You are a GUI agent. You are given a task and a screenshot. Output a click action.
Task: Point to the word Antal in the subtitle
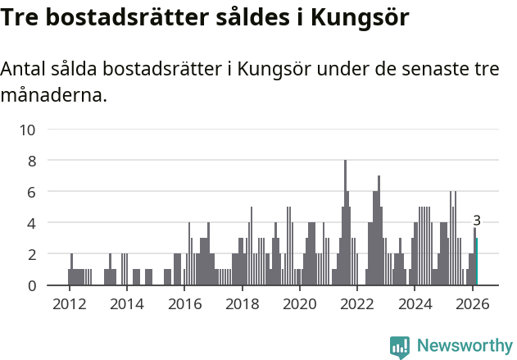[25, 69]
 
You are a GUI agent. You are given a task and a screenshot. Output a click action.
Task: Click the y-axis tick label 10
[27, 130]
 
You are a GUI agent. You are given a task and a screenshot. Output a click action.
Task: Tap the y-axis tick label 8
[31, 161]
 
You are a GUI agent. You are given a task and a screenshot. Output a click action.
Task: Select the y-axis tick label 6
[31, 192]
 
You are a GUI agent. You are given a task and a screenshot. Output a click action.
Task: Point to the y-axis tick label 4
[31, 223]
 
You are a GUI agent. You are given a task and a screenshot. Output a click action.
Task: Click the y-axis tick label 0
[31, 285]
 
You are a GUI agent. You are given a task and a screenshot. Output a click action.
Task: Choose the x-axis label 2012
[69, 303]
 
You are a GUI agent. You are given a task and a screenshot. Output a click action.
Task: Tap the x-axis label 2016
[184, 303]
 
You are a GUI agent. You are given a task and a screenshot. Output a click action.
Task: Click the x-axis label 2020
[299, 303]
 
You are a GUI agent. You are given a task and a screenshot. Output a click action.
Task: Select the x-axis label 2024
[415, 303]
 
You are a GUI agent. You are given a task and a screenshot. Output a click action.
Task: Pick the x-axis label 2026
[472, 303]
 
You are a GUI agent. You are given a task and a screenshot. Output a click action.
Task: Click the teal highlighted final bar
[476, 262]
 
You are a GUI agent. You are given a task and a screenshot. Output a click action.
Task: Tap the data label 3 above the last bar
[477, 221]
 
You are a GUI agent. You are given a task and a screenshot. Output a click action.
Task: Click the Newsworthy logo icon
[400, 346]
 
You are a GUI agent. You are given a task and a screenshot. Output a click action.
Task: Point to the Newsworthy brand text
[464, 346]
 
